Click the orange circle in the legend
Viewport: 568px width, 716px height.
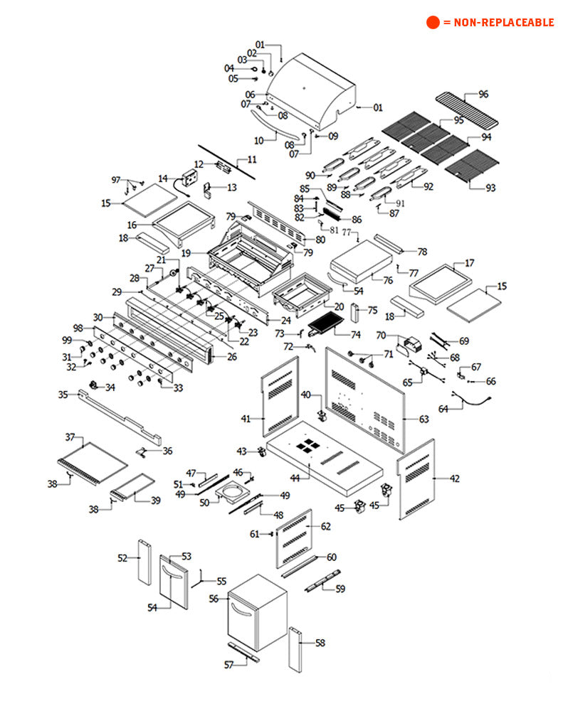433,22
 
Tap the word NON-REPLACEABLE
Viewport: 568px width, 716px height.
503,23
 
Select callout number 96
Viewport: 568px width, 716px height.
483,94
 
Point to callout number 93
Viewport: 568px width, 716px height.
490,188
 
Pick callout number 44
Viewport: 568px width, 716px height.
295,478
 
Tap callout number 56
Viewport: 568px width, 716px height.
214,599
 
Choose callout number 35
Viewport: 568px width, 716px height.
63,394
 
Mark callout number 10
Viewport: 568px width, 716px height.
258,139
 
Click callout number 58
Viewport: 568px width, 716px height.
320,643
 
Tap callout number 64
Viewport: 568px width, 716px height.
443,409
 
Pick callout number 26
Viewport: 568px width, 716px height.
232,356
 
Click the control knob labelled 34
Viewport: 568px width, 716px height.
93,385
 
